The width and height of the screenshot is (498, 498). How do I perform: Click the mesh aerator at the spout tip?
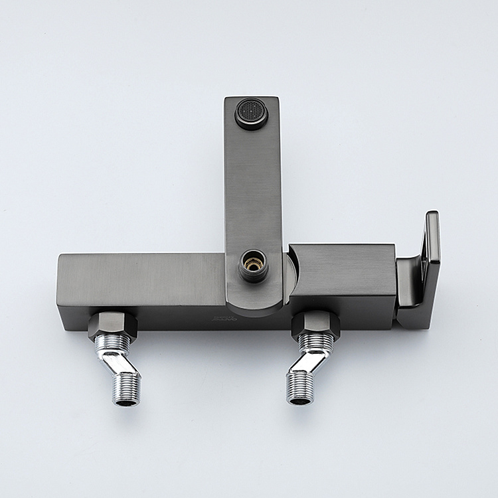pos(251,112)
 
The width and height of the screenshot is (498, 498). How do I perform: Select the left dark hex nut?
pos(112,323)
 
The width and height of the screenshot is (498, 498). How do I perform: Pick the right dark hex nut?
pos(315,323)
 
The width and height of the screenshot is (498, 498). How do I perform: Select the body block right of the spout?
pos(342,269)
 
